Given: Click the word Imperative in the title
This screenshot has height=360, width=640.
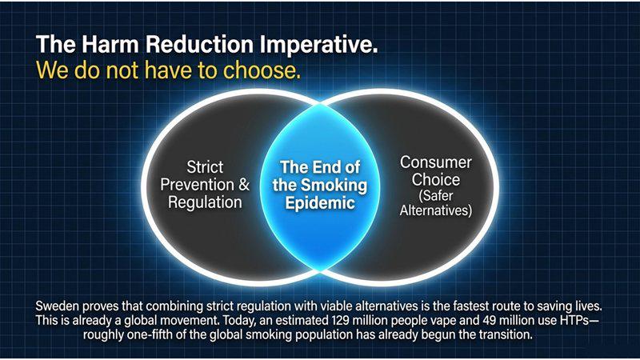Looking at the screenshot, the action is (x=318, y=45).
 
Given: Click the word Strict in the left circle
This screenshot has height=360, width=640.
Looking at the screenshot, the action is (x=205, y=166).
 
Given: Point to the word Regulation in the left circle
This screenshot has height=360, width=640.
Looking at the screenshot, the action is (x=205, y=202).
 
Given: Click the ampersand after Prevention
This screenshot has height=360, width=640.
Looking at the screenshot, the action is (x=244, y=185).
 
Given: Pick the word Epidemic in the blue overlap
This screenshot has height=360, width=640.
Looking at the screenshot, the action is (x=320, y=203).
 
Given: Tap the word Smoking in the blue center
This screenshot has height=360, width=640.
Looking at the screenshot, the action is (x=334, y=186).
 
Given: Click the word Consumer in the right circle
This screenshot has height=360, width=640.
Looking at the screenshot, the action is (x=435, y=162).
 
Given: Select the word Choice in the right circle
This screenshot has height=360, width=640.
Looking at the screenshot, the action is (x=435, y=179).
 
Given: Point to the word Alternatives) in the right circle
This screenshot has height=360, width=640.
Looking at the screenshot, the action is (x=435, y=210).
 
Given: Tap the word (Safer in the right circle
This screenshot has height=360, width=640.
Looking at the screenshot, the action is (x=435, y=195).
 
